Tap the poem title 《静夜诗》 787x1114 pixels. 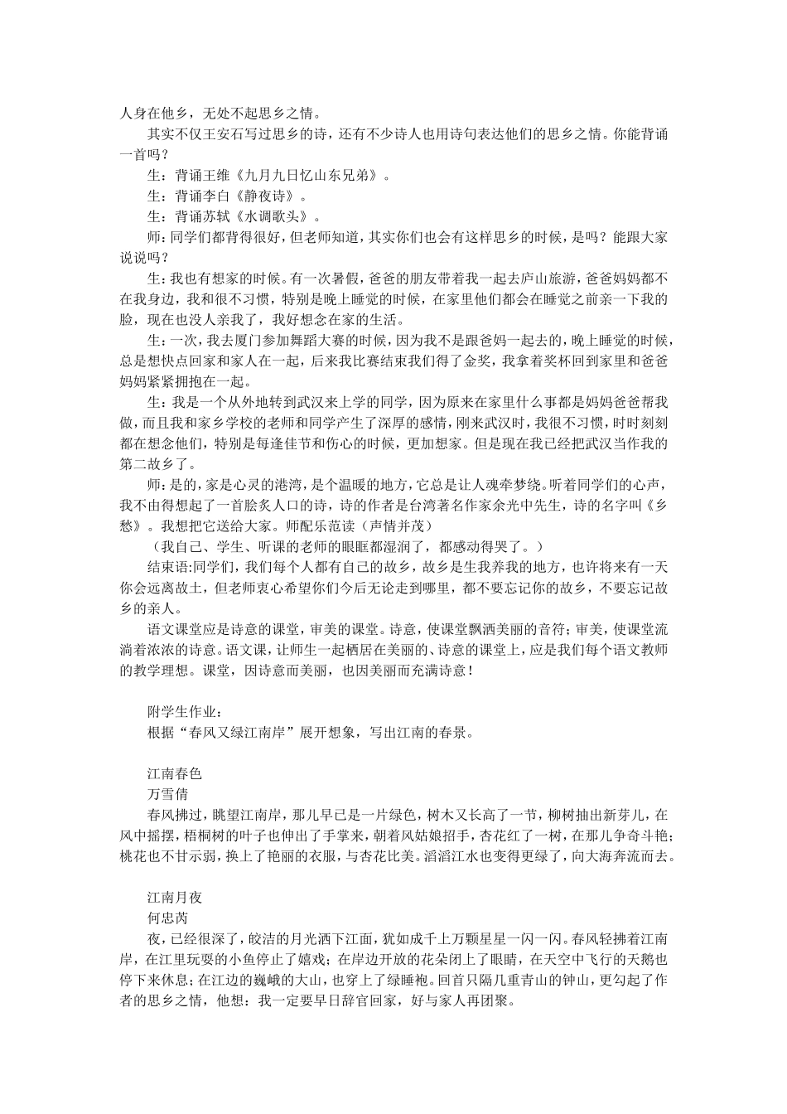click(x=270, y=196)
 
